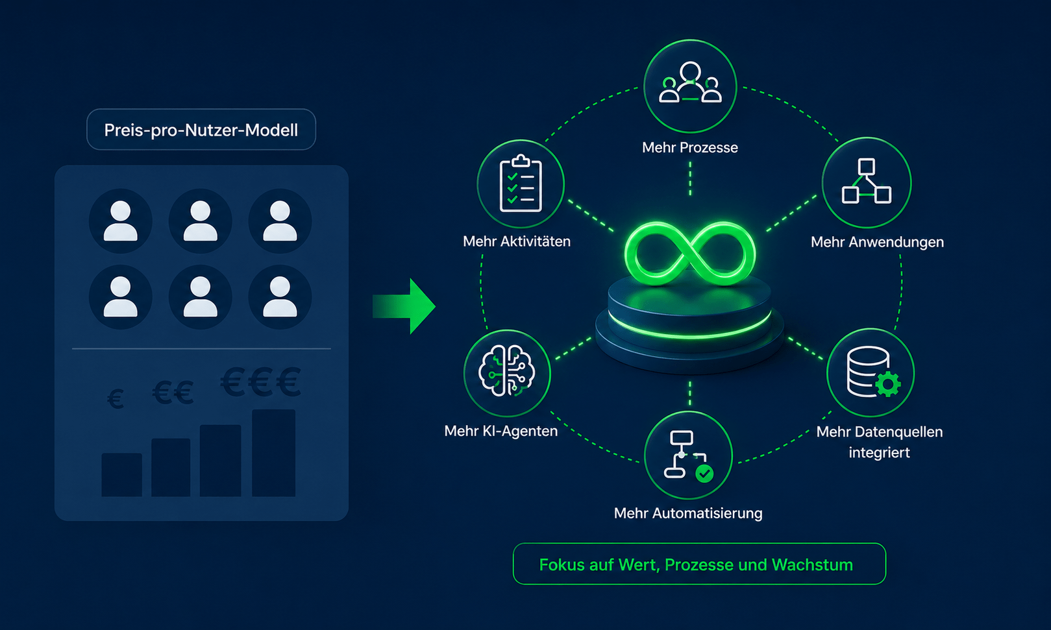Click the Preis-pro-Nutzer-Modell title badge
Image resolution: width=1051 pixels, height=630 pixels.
tap(201, 130)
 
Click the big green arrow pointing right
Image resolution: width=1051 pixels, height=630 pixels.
tap(404, 306)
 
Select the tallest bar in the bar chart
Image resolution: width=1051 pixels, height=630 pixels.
tap(273, 453)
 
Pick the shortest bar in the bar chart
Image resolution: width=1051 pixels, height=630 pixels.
tap(121, 474)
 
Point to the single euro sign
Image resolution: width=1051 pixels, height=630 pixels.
tap(116, 399)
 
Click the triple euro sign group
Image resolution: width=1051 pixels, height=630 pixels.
tap(261, 382)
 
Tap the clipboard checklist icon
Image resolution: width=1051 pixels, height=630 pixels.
tap(521, 184)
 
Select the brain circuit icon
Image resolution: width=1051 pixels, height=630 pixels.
tap(507, 371)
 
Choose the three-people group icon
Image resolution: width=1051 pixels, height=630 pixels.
tap(690, 82)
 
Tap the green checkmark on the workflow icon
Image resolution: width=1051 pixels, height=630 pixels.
tap(704, 474)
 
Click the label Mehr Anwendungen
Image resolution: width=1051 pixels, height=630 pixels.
tap(878, 242)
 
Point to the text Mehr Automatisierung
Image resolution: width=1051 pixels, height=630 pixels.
tap(688, 513)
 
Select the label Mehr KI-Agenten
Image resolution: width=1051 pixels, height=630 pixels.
tap(501, 431)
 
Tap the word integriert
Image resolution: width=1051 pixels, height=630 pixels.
tap(879, 453)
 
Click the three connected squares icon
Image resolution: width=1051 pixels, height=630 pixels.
tap(867, 181)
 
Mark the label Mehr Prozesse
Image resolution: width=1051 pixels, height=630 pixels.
tap(690, 147)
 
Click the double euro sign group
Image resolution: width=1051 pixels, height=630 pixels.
tap(173, 392)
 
